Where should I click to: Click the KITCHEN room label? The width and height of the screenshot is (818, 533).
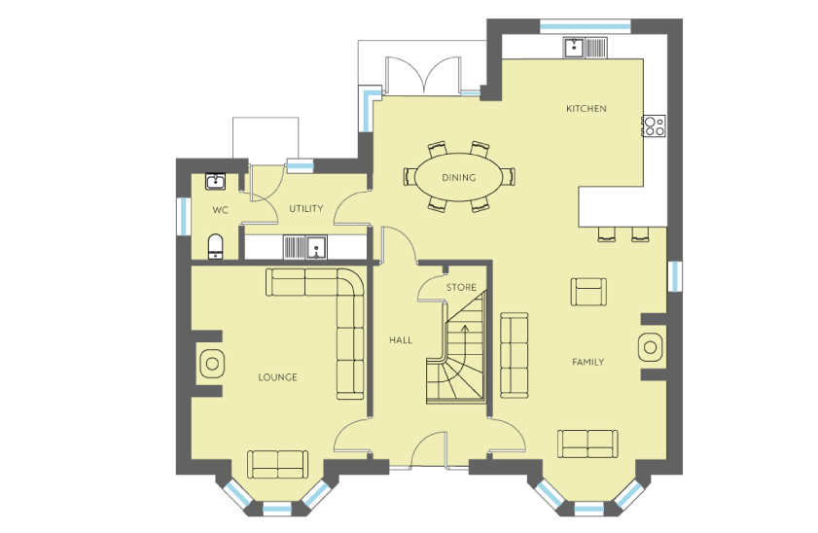click(x=587, y=109)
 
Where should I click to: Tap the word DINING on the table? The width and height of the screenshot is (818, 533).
click(x=459, y=177)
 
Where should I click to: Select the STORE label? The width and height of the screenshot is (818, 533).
click(x=461, y=287)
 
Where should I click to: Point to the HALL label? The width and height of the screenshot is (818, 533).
click(x=401, y=340)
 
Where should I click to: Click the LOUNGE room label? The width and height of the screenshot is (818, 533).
click(x=277, y=377)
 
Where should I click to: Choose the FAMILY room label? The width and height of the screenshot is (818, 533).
click(x=587, y=362)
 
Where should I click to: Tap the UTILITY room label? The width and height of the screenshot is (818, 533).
click(x=306, y=208)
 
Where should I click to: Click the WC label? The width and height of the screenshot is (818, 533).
click(x=220, y=210)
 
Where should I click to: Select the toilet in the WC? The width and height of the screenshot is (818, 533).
click(x=216, y=247)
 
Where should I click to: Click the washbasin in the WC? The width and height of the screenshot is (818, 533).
click(x=215, y=181)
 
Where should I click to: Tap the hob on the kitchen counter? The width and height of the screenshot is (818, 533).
click(x=655, y=125)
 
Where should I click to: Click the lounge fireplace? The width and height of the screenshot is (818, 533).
click(x=211, y=364)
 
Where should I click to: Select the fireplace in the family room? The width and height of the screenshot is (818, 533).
click(x=651, y=347)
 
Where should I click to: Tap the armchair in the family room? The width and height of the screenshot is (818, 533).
click(x=589, y=292)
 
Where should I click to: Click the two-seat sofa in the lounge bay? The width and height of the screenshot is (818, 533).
click(x=277, y=464)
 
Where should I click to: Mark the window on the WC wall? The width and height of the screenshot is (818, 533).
click(x=184, y=216)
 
